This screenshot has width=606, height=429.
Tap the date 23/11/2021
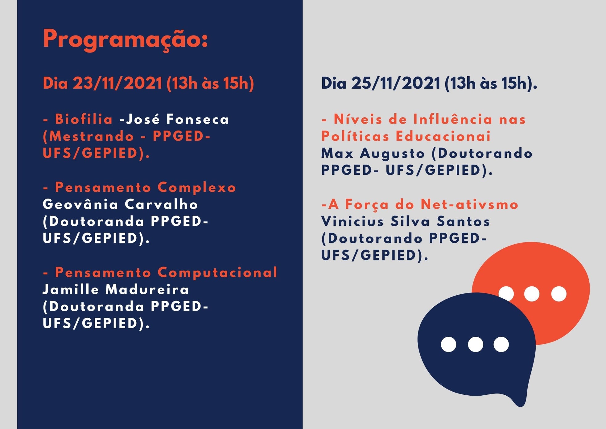tap(117, 83)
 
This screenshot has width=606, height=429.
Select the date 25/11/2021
tap(396, 83)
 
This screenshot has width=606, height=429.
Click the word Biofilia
tap(84, 119)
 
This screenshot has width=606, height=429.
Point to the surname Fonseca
tap(198, 119)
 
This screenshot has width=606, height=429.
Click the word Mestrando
tap(92, 136)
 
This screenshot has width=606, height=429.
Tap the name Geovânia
tap(80, 204)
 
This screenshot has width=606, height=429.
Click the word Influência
tap(453, 119)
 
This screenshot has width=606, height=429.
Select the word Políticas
tap(355, 136)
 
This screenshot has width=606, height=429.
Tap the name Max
tap(337, 154)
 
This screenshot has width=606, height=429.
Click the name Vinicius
tap(352, 221)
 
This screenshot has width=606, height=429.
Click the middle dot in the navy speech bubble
tap(476, 345)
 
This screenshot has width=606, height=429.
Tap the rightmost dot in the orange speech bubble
tap(559, 294)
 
